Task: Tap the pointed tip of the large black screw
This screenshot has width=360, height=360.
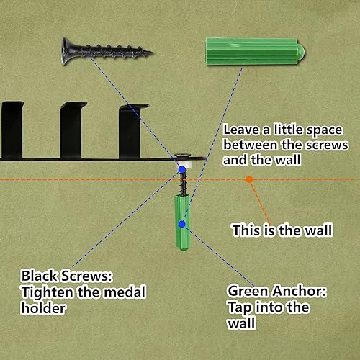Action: (152, 52)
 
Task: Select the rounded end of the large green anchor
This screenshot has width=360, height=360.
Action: (301, 52)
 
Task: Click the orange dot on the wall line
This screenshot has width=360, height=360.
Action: (249, 179)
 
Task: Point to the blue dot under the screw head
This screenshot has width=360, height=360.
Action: (182, 169)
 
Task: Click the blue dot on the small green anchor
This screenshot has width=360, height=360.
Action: (182, 224)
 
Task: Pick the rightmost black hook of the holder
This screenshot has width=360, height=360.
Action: (131, 131)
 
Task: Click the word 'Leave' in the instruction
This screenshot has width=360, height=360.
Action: (241, 130)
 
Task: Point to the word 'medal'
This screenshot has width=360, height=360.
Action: (125, 292)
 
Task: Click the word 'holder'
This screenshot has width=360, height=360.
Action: (43, 308)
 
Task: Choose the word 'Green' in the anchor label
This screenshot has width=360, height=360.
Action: (248, 291)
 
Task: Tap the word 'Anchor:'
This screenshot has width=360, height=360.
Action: (299, 291)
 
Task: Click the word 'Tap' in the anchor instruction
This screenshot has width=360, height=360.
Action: (240, 307)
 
